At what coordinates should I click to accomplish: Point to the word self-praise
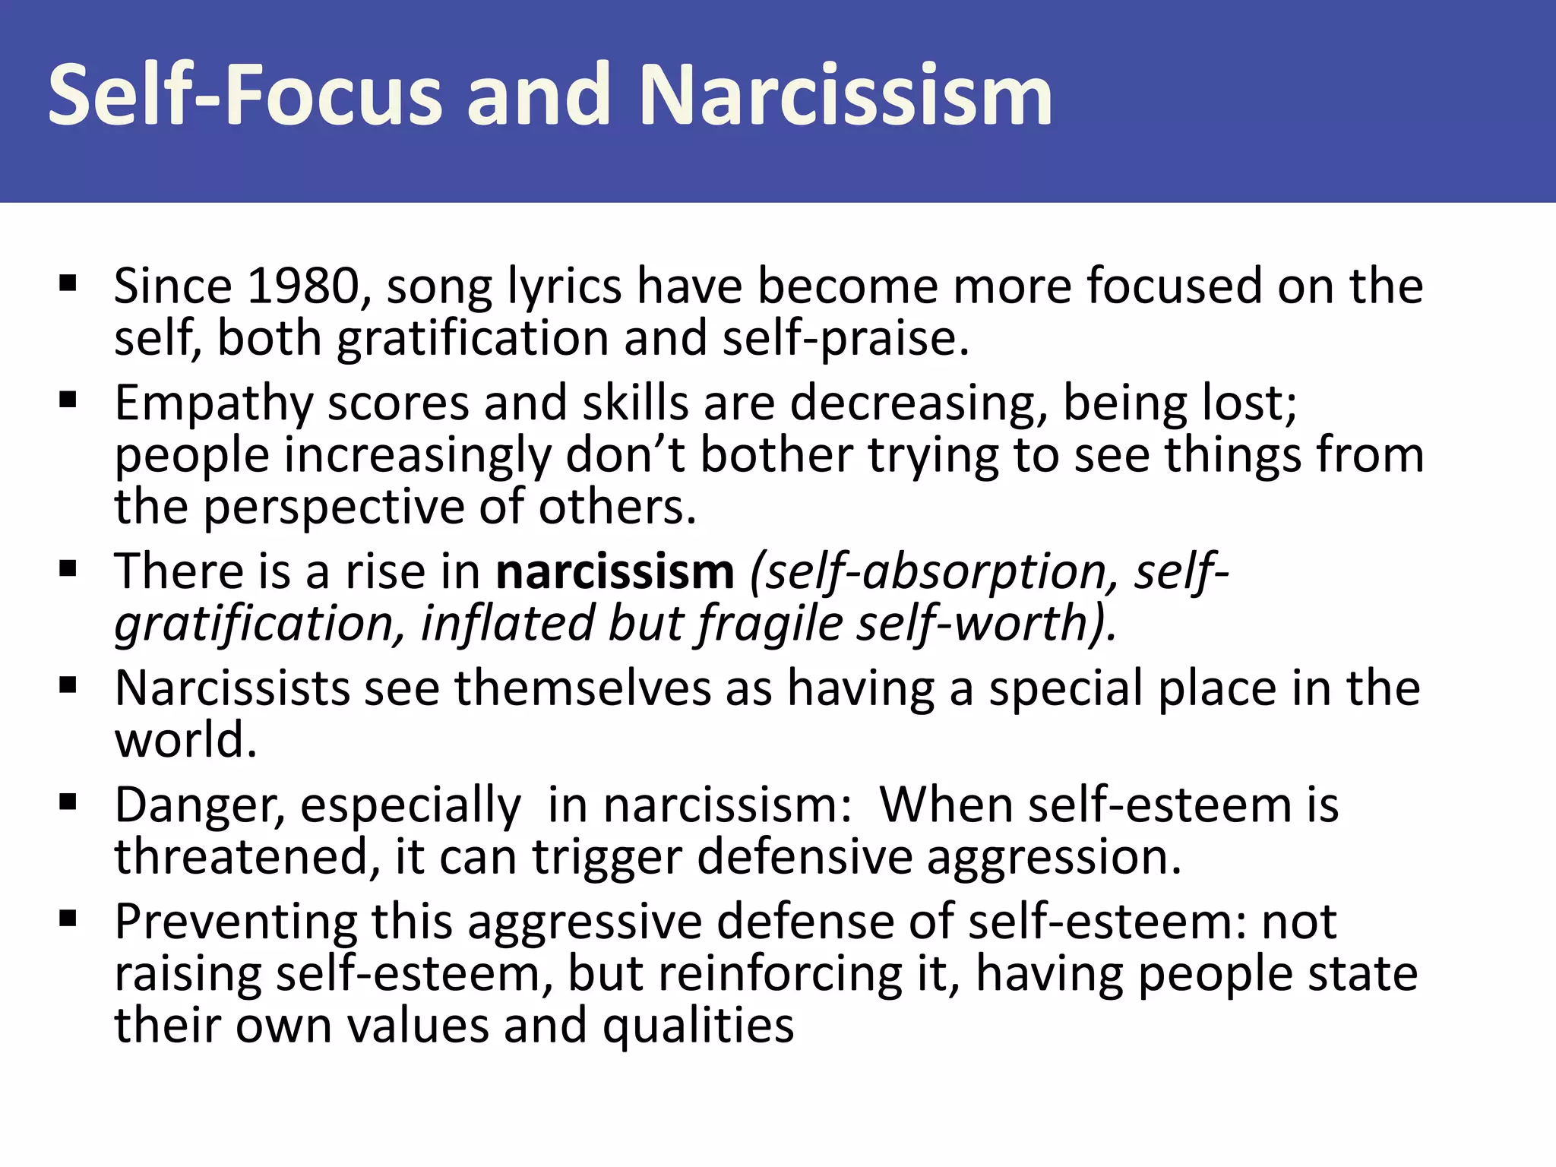[x=845, y=339]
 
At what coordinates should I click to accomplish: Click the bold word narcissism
[x=615, y=571]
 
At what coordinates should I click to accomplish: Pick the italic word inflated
[x=506, y=624]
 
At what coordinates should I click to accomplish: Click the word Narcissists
[x=232, y=688]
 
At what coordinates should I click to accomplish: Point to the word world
[x=185, y=740]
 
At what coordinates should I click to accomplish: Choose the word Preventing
[x=236, y=922]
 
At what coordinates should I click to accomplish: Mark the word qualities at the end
[x=698, y=1026]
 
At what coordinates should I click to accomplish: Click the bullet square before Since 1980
[x=68, y=284]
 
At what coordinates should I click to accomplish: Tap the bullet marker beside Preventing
[x=68, y=920]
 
